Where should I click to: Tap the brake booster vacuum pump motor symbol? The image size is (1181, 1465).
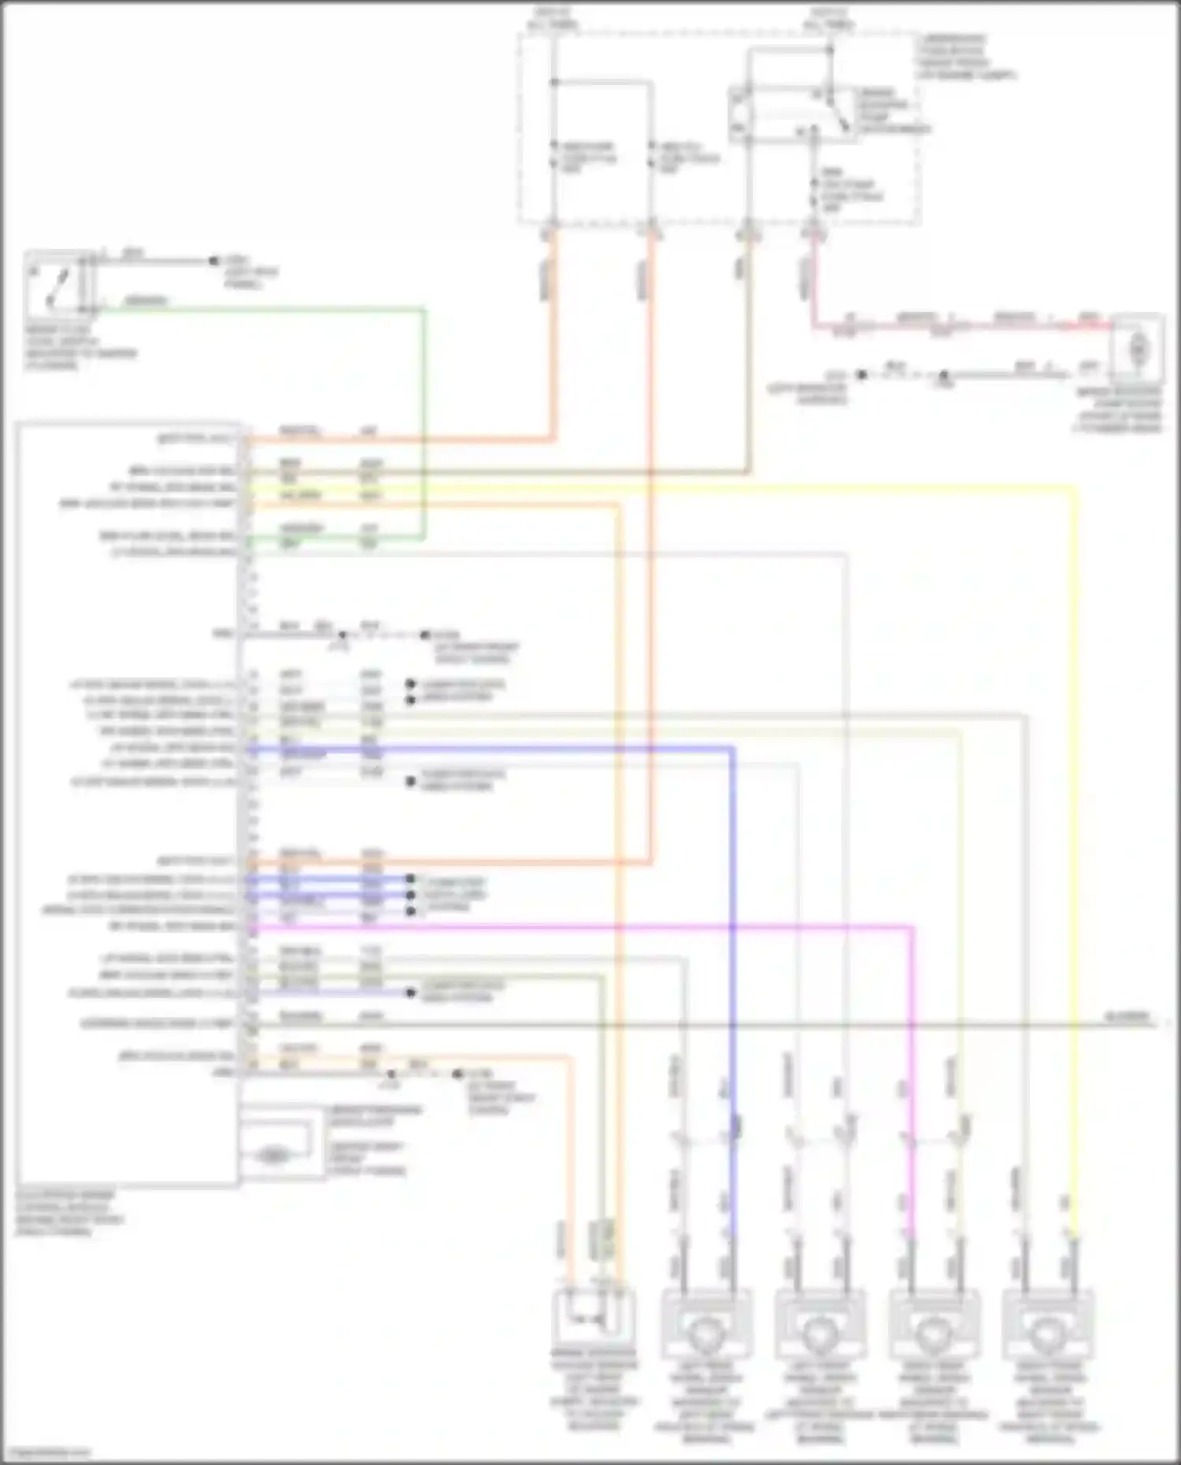pos(1138,346)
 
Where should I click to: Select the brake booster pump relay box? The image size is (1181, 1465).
pos(791,115)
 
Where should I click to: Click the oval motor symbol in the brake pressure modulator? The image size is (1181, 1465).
pos(272,1155)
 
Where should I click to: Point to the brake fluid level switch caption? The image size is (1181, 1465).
pos(79,347)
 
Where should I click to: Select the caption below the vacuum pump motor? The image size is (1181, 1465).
pos(1118,409)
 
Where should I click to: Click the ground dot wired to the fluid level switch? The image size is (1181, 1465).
pos(213,260)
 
